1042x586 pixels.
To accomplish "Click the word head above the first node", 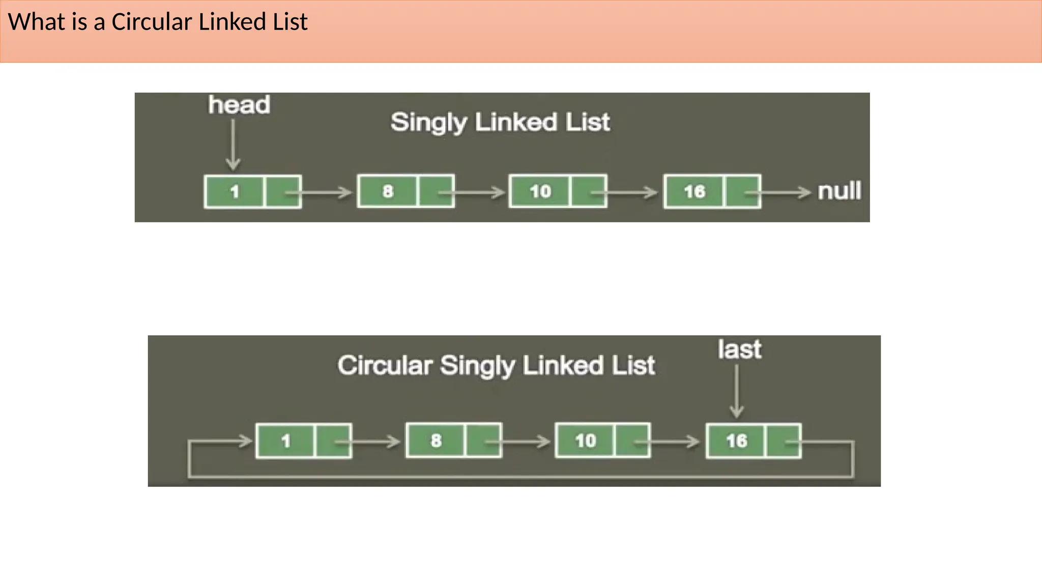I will tap(239, 105).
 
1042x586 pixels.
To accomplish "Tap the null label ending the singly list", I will tap(839, 191).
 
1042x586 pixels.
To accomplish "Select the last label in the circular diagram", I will tap(739, 349).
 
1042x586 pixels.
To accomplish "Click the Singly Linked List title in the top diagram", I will tap(500, 123).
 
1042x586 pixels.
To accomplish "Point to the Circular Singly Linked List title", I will tap(496, 366).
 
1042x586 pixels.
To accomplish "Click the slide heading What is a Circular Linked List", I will tap(158, 22).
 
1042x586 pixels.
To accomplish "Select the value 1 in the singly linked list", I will tap(235, 192).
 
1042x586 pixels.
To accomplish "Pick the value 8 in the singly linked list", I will tap(388, 191).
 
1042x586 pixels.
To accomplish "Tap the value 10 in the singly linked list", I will tap(540, 191).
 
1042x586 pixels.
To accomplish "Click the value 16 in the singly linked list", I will tap(694, 192).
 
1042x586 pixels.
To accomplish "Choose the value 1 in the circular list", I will tap(286, 441).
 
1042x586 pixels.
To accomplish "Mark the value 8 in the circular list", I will tap(436, 441).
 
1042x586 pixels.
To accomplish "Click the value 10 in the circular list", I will tap(585, 441).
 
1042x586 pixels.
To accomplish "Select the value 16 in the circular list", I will tap(736, 441).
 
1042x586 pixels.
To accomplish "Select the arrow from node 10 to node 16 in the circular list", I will tap(672, 442).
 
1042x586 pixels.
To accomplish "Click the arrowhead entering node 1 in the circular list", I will tap(246, 441).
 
